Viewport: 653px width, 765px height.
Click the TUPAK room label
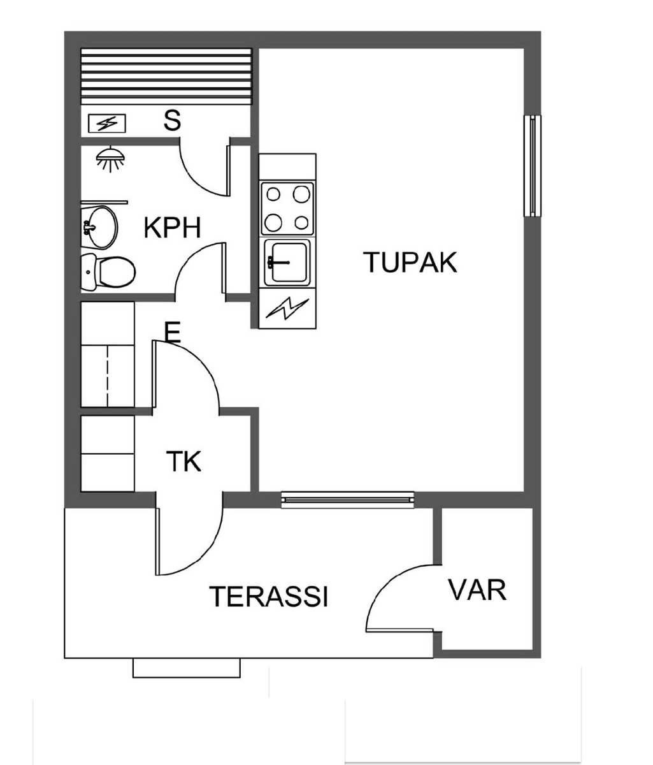pyautogui.click(x=410, y=263)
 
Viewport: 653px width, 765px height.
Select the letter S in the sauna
pyautogui.click(x=172, y=120)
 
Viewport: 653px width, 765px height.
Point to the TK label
pyautogui.click(x=183, y=461)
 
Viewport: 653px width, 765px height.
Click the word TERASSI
pyautogui.click(x=269, y=596)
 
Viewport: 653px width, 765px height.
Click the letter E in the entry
pyautogui.click(x=172, y=332)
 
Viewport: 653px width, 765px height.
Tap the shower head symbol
pyautogui.click(x=110, y=159)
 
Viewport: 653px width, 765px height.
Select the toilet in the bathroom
pyautogui.click(x=108, y=272)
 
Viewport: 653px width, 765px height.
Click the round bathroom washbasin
pyautogui.click(x=99, y=226)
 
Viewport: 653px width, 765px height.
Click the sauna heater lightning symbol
pyautogui.click(x=107, y=123)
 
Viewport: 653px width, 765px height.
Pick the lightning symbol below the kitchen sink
pyautogui.click(x=287, y=309)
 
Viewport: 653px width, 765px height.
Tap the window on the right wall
pyautogui.click(x=533, y=166)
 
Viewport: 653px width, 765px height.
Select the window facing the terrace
pyautogui.click(x=348, y=500)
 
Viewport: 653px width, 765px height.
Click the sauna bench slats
pyautogui.click(x=166, y=76)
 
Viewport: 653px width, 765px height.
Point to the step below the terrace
pyautogui.click(x=187, y=668)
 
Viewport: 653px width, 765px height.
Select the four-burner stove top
pyautogui.click(x=287, y=208)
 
